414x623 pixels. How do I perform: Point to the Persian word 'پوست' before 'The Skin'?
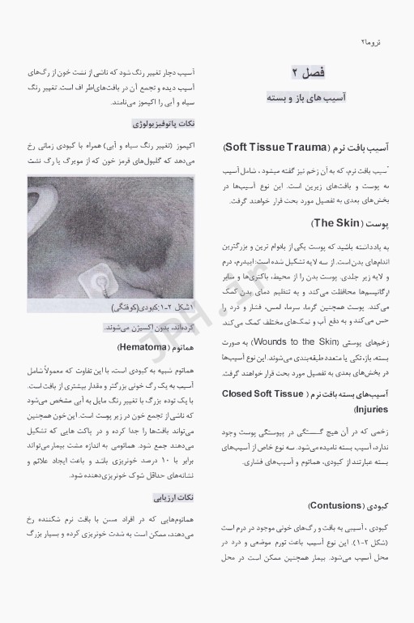pyautogui.click(x=379, y=222)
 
